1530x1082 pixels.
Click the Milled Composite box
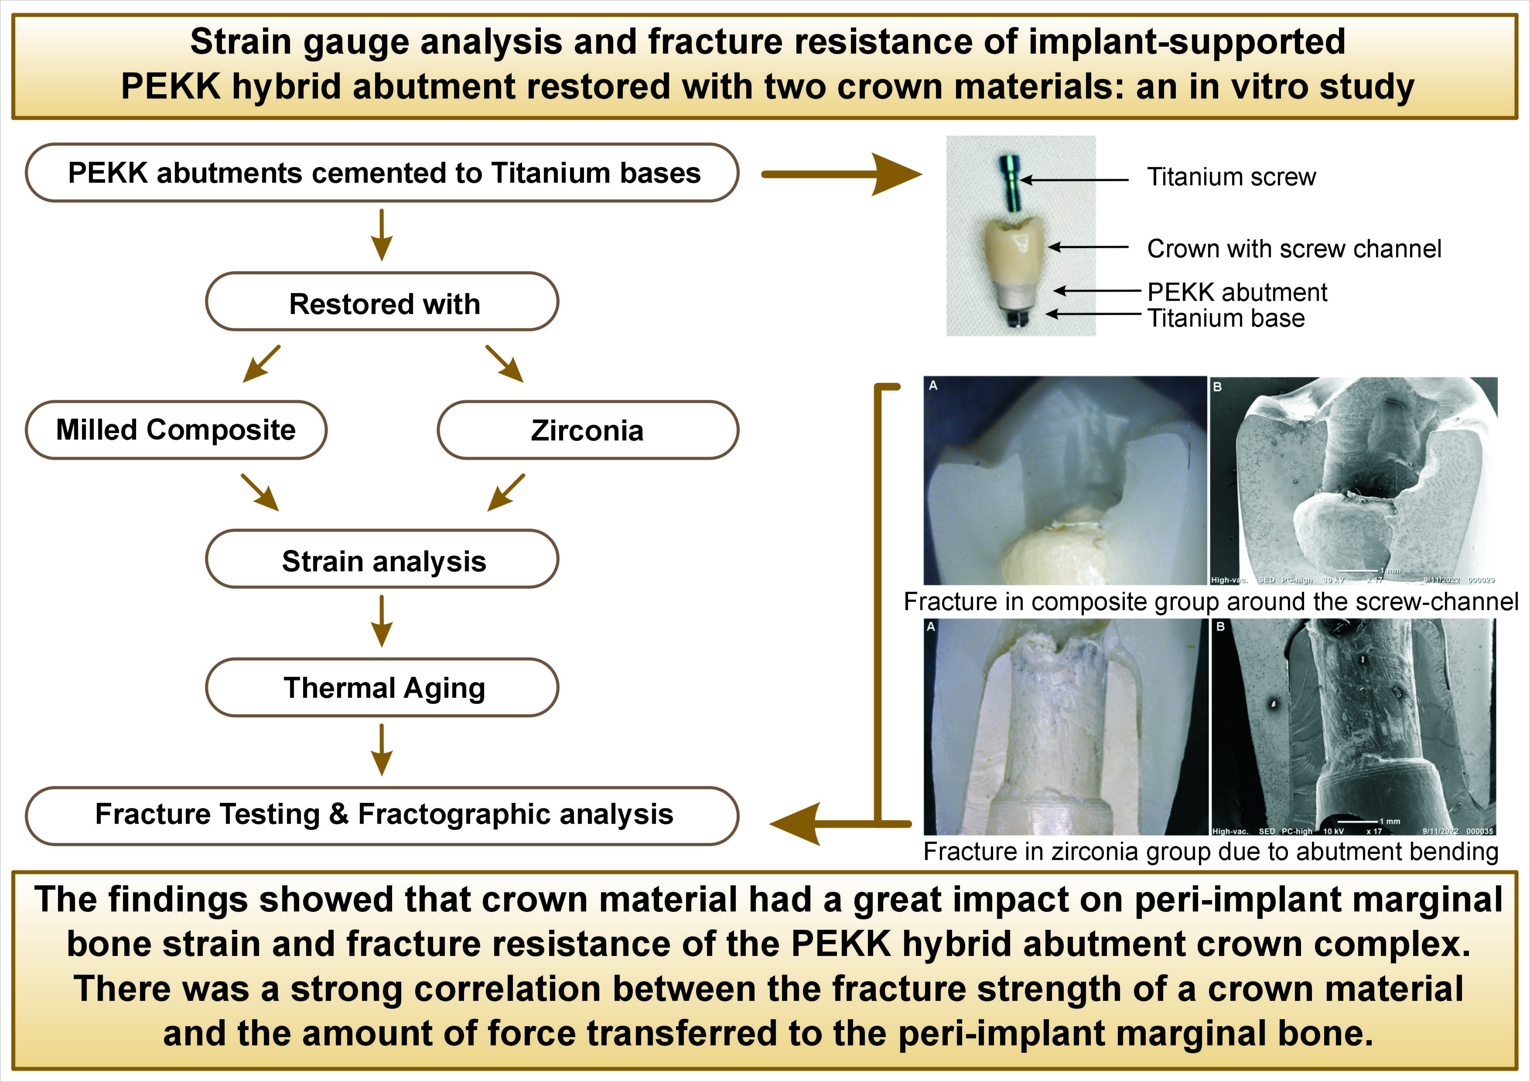coord(176,430)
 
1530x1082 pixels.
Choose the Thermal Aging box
coord(382,688)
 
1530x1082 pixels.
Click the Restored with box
coord(382,303)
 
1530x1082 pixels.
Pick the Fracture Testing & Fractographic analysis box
coord(382,814)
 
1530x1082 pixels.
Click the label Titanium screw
coord(1231,177)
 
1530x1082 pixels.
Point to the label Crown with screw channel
coord(1294,249)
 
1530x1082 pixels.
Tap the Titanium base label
coord(1226,318)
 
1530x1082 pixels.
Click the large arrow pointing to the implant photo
coord(843,174)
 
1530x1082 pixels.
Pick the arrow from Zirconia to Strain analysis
coord(506,493)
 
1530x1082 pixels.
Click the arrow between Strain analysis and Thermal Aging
coord(382,621)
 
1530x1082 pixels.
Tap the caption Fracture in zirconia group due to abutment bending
coord(1211,851)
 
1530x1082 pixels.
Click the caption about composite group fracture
coord(1211,602)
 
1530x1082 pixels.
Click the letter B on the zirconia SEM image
coord(1220,628)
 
